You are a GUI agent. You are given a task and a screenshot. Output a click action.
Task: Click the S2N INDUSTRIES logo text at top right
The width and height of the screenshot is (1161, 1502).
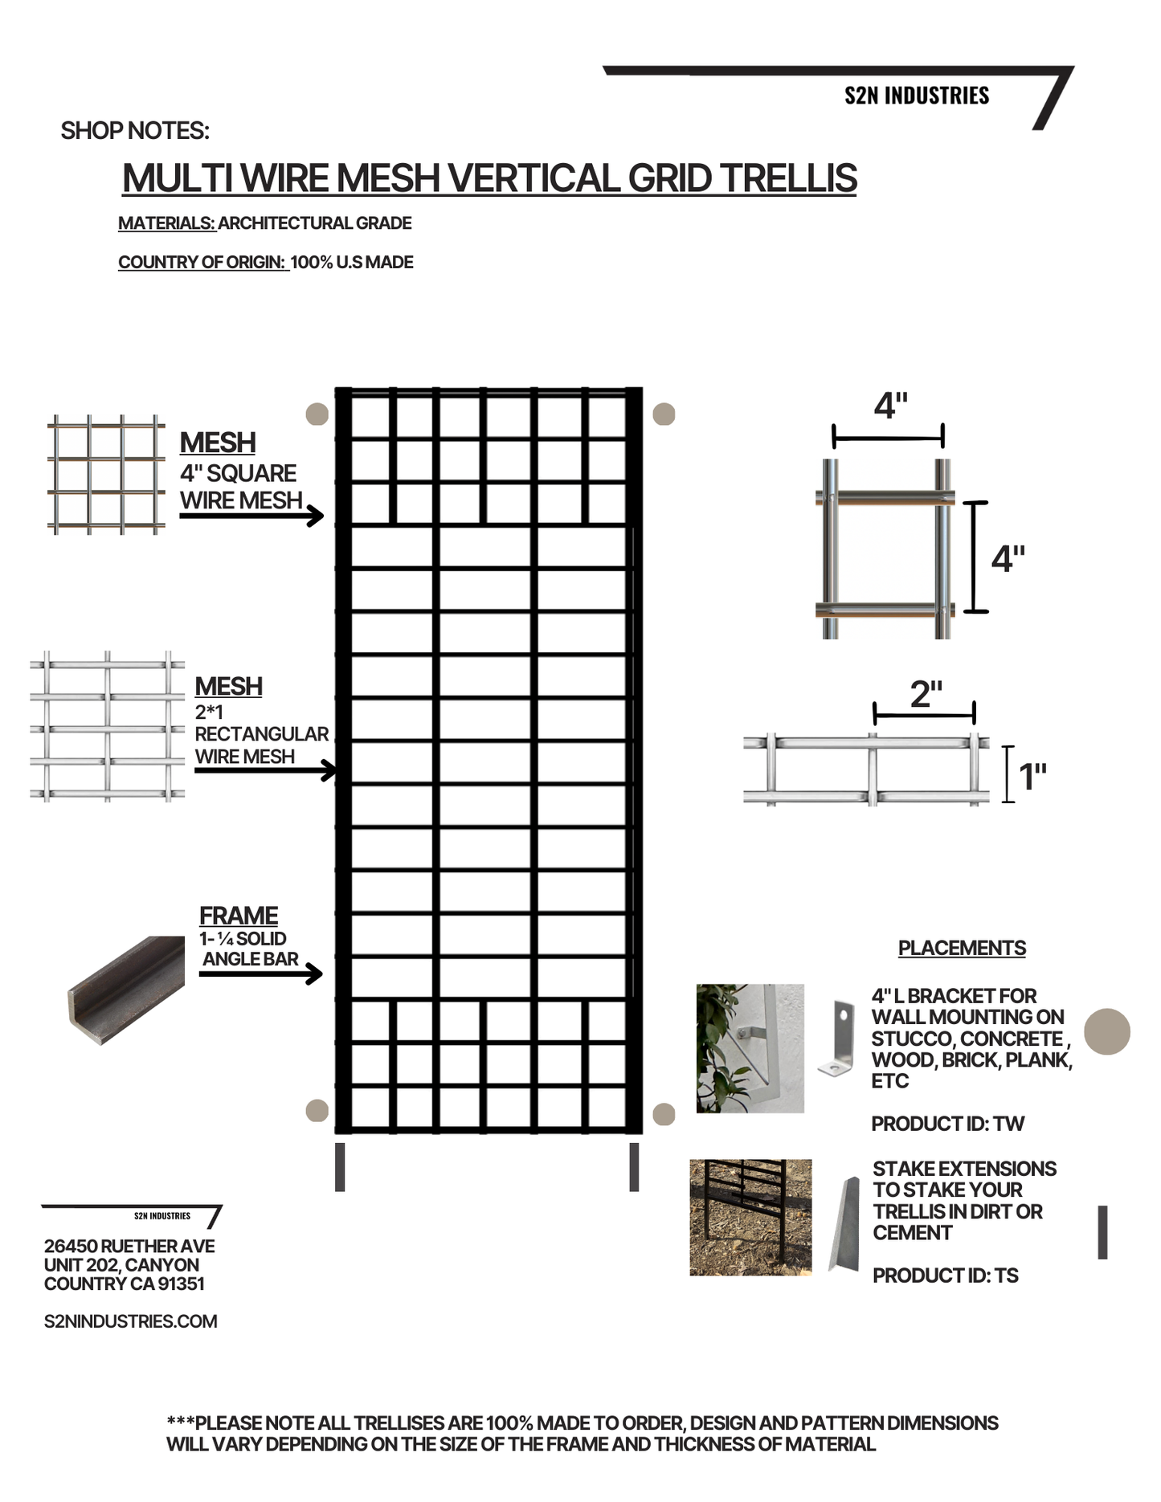(x=917, y=96)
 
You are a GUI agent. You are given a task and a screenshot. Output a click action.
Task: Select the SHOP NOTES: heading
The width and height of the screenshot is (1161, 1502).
(x=135, y=131)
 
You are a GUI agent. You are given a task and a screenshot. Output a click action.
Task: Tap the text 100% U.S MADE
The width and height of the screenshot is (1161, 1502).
(x=352, y=263)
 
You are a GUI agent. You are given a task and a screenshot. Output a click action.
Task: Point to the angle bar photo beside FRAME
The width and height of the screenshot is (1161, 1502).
(x=126, y=989)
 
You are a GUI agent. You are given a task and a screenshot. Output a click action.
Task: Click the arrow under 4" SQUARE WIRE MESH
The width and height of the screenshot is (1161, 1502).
(x=251, y=516)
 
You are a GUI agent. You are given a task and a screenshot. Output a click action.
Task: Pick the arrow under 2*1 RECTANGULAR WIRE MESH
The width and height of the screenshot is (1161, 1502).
(x=265, y=771)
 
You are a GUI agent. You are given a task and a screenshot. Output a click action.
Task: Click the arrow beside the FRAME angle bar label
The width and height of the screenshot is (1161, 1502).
(x=260, y=974)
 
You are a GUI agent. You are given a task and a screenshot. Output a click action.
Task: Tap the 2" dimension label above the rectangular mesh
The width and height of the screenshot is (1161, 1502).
(x=926, y=694)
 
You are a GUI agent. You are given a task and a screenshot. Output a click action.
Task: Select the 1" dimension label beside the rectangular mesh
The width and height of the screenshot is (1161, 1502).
(x=1032, y=777)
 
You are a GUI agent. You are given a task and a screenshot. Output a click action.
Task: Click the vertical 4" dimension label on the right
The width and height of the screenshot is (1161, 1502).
(x=1008, y=558)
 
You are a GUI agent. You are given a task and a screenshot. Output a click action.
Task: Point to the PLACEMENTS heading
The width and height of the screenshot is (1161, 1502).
(x=962, y=949)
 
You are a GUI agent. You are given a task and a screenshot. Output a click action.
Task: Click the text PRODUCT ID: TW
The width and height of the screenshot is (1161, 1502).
(x=947, y=1124)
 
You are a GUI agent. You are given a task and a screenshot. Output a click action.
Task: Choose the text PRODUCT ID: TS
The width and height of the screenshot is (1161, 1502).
(x=945, y=1275)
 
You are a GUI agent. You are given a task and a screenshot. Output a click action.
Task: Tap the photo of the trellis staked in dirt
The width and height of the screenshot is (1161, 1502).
(x=750, y=1217)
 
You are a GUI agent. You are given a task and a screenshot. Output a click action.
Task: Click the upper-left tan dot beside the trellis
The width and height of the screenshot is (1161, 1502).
(x=317, y=414)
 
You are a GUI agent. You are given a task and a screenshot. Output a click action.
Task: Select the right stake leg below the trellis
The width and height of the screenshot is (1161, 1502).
(x=634, y=1167)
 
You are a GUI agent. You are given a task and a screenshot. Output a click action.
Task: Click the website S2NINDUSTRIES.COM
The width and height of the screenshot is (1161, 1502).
(x=130, y=1321)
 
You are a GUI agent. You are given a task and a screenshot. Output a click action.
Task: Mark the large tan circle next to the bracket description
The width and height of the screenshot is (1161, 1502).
(x=1107, y=1031)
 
